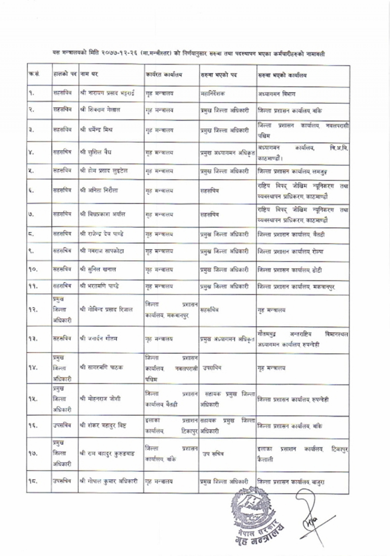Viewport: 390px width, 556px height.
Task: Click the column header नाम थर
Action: pos(89,74)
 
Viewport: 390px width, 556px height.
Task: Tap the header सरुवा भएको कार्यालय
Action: pos(282,75)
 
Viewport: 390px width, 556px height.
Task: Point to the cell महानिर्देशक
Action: pos(213,94)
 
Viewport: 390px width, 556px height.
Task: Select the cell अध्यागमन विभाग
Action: pos(277,94)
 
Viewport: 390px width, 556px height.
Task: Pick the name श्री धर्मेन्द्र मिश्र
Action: pos(96,130)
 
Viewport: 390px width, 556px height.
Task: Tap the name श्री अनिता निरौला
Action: pos(99,191)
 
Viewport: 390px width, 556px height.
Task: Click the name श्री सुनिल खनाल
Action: pos(98,269)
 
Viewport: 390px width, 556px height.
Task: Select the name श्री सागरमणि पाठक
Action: pos(101,367)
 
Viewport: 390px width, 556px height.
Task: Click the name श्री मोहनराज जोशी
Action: pos(100,398)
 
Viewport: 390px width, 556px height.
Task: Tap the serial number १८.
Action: pos(33,482)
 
